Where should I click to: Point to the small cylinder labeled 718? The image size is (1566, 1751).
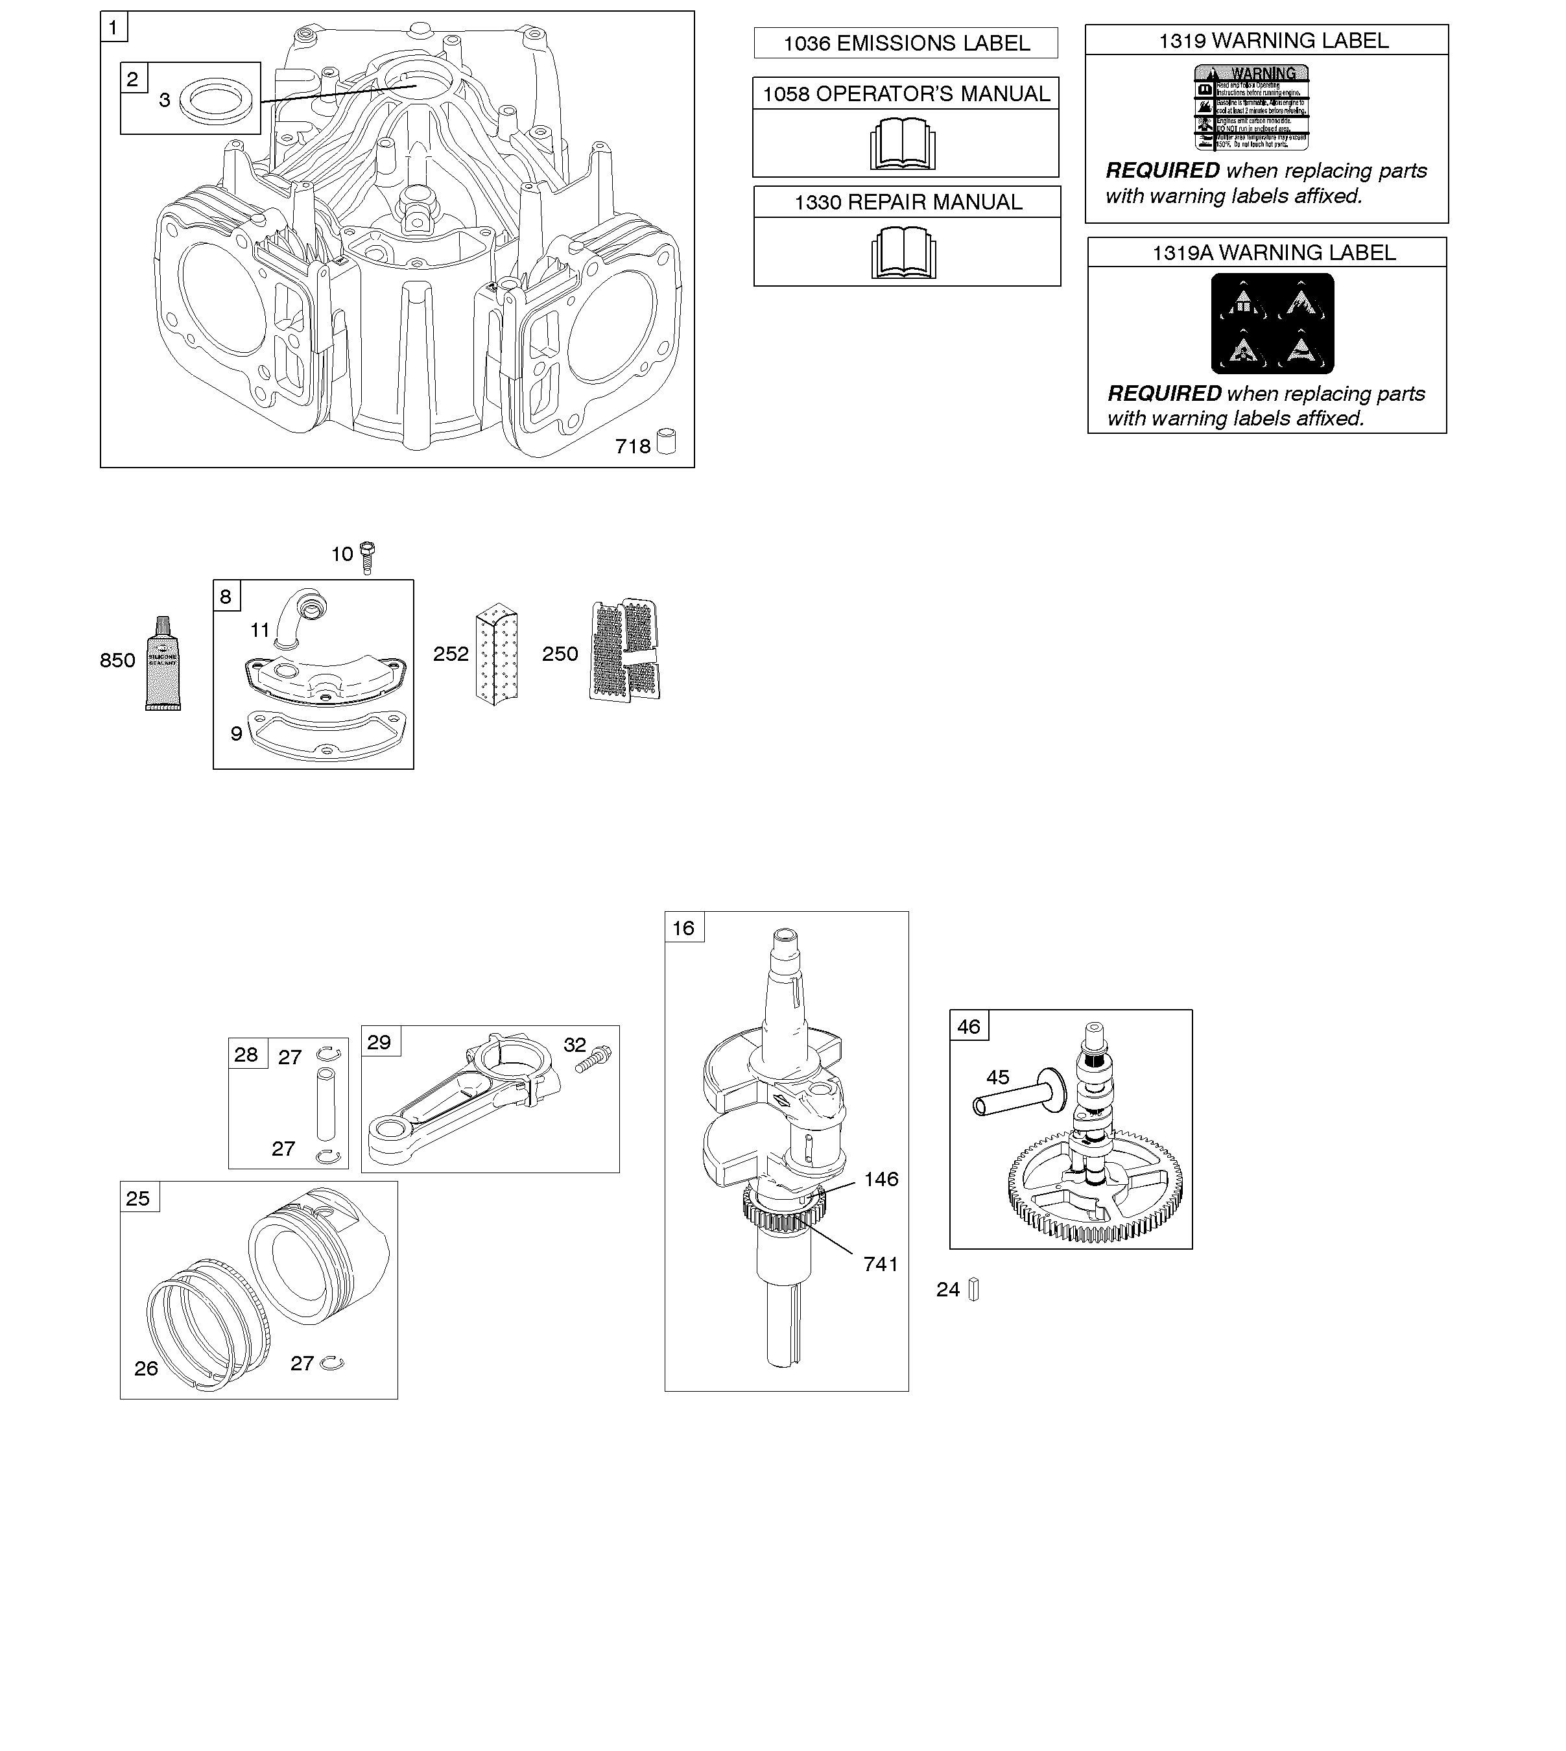[x=666, y=442]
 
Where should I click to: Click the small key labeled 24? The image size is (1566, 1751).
[x=973, y=1290]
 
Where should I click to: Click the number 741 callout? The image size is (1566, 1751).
[x=880, y=1264]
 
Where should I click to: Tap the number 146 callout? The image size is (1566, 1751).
[x=881, y=1179]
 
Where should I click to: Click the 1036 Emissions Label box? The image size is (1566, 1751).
[x=905, y=43]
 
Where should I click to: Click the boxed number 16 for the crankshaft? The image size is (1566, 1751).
[x=683, y=927]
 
